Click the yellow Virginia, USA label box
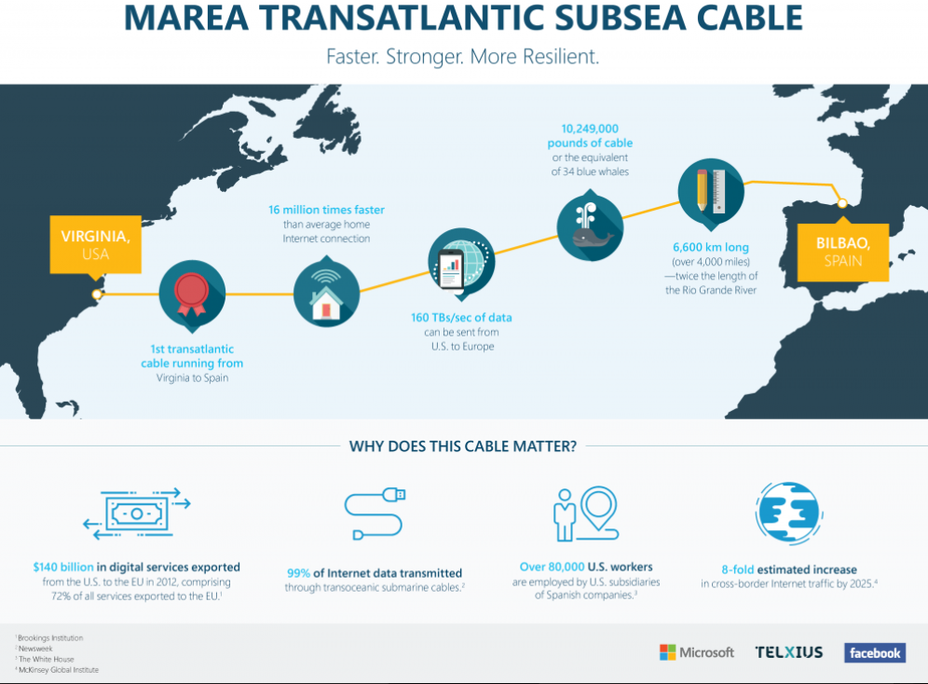95,244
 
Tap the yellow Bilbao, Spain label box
842,252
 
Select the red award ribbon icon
193,294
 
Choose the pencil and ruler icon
710,192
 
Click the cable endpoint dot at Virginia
97,295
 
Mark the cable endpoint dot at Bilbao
841,203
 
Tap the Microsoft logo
697,652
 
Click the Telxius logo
789,652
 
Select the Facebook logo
874,653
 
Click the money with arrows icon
136,513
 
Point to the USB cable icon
375,514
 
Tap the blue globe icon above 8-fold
788,513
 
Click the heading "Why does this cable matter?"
463,446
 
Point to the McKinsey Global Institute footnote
59,670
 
